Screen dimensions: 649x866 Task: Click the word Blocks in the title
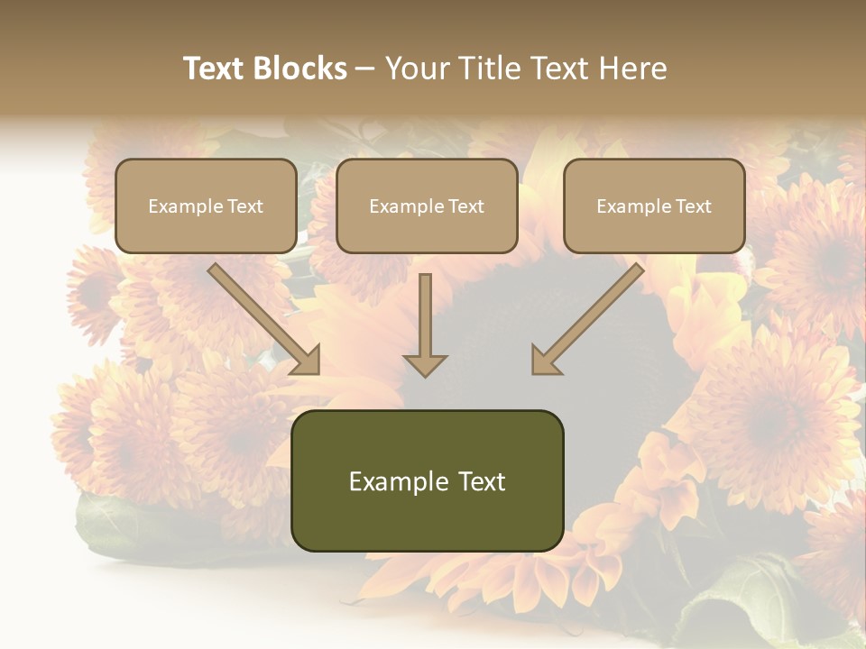coord(299,69)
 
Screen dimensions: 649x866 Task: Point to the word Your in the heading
coord(415,69)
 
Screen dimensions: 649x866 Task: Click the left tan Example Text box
coord(206,206)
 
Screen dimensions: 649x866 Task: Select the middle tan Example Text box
coord(427,206)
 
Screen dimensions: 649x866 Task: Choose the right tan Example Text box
coord(654,206)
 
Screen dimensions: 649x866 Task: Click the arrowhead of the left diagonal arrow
coord(307,361)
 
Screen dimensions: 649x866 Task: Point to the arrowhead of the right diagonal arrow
coord(546,361)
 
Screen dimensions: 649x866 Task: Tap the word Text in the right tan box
coord(693,206)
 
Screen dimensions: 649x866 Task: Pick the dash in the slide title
coord(365,69)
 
